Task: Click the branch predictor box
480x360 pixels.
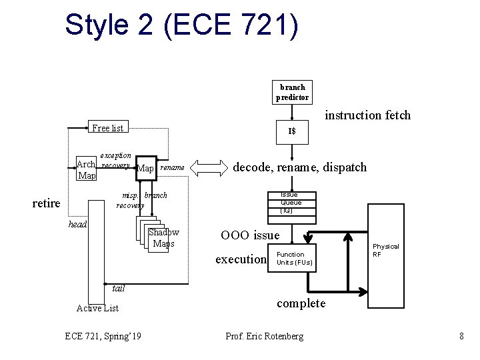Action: click(x=292, y=92)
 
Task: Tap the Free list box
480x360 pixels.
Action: click(x=107, y=127)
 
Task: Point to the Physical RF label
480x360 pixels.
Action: click(x=385, y=251)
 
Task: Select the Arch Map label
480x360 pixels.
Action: click(x=86, y=170)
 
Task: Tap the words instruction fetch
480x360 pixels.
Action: click(x=367, y=115)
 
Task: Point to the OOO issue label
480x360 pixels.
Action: click(x=250, y=235)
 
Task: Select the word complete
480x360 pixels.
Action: click(x=301, y=303)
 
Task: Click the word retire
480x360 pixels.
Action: click(x=47, y=203)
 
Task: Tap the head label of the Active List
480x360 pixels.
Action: click(x=78, y=225)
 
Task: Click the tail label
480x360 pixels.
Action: click(x=119, y=289)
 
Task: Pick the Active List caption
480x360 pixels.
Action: click(x=97, y=307)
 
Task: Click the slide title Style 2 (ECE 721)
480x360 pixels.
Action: click(x=181, y=25)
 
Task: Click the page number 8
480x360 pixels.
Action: click(x=461, y=336)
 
